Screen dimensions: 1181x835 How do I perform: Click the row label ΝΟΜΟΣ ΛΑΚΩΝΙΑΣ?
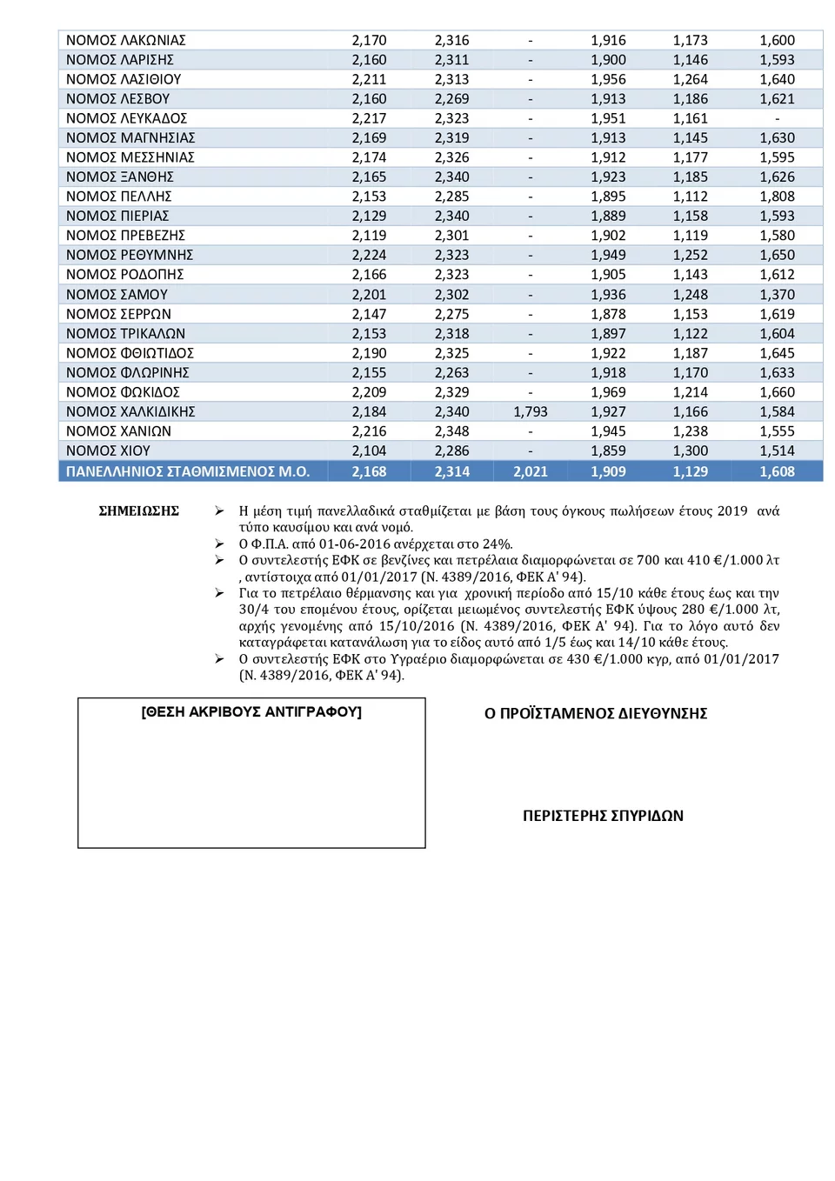point(126,41)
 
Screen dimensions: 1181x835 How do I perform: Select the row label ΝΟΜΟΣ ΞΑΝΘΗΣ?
point(120,177)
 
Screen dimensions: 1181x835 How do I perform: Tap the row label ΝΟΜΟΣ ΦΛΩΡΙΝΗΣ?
point(128,373)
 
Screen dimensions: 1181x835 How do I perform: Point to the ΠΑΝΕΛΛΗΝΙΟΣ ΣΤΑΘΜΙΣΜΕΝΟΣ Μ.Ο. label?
point(188,472)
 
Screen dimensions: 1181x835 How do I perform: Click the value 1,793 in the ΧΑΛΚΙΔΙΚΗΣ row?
point(531,412)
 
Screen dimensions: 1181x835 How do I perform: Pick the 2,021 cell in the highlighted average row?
point(531,472)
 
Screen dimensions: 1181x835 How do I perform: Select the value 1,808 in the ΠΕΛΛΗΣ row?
point(777,197)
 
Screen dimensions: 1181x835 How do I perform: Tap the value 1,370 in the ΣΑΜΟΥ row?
point(777,295)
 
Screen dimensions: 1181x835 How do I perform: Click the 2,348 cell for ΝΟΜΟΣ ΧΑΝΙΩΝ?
point(451,431)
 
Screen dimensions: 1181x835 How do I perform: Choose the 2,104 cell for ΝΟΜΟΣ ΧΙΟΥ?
point(369,451)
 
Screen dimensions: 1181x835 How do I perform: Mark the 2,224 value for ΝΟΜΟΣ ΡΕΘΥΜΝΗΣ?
point(369,256)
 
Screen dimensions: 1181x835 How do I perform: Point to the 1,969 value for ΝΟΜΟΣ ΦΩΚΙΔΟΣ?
point(608,393)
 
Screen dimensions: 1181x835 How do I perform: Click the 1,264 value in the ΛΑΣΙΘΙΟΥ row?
point(690,80)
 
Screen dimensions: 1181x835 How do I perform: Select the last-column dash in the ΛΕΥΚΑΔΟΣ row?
point(777,119)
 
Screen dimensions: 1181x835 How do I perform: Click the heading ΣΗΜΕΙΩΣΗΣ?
point(138,511)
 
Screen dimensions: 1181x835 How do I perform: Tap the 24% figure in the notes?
point(497,544)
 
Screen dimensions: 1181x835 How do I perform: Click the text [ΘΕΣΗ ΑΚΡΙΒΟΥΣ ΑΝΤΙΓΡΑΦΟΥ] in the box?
point(251,712)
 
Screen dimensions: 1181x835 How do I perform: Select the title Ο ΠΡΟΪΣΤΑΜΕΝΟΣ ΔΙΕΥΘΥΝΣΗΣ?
point(596,714)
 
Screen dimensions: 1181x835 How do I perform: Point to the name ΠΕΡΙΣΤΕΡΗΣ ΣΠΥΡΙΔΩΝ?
point(603,816)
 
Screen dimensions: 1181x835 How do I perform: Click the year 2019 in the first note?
point(732,511)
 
